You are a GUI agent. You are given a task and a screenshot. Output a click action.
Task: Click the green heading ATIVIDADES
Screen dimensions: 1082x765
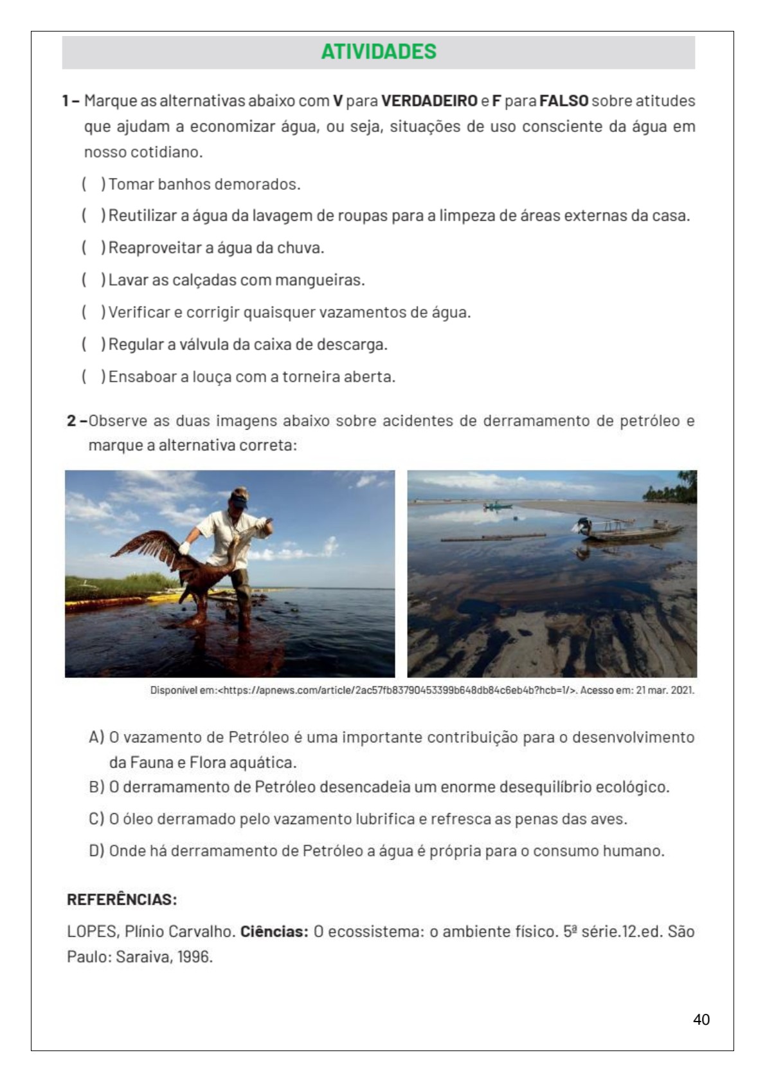[x=379, y=51]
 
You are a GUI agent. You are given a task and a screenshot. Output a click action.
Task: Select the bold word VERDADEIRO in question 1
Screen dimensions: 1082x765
[x=429, y=101]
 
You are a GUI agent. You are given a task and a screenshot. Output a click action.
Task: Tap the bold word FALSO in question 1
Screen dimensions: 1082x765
[x=564, y=101]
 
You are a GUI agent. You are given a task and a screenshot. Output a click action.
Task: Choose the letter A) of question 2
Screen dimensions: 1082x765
[x=96, y=737]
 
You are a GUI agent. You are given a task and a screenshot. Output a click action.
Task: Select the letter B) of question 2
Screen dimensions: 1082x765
[x=96, y=787]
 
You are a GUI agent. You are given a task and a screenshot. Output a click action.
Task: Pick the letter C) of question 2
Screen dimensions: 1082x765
[x=96, y=819]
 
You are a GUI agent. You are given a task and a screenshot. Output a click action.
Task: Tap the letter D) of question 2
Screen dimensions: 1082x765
[x=96, y=851]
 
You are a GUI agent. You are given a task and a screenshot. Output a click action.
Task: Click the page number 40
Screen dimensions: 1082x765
[x=702, y=1020]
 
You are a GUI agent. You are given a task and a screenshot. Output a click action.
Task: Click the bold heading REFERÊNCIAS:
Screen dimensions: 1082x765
[x=122, y=899]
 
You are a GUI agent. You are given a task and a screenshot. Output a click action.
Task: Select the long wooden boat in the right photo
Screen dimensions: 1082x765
[x=633, y=531]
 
